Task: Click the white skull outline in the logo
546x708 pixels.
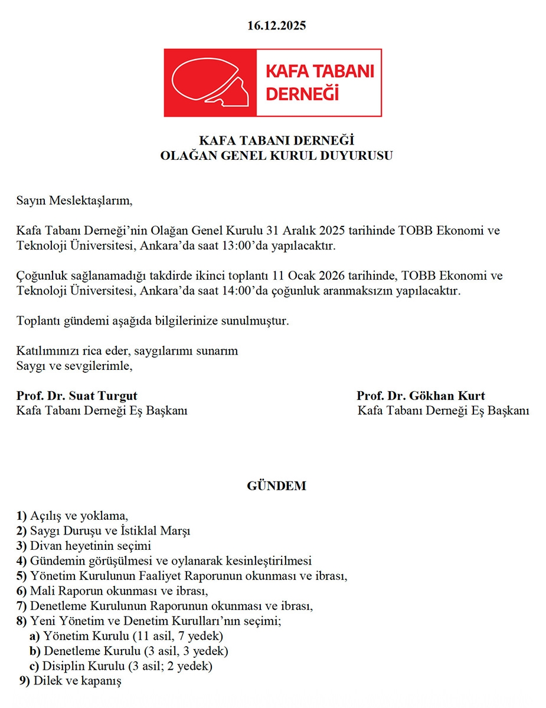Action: [x=204, y=83]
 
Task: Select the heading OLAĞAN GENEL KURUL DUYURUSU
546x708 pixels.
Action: [x=277, y=156]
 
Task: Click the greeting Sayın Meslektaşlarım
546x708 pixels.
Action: [x=75, y=201]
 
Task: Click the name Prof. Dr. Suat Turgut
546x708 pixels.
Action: [x=77, y=396]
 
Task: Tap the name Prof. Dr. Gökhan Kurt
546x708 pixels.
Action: [x=420, y=396]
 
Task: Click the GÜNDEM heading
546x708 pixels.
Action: [x=276, y=487]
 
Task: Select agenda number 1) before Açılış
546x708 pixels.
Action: [x=22, y=516]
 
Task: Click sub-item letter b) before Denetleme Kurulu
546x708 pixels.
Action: [x=35, y=651]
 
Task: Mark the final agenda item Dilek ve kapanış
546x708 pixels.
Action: [x=77, y=681]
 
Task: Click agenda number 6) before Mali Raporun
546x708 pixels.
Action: [x=22, y=591]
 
